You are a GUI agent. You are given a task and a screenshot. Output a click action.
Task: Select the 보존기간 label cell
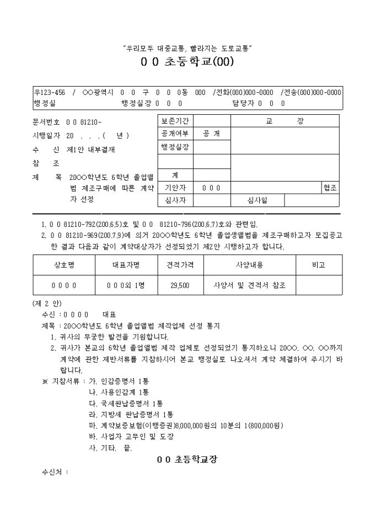coord(175,121)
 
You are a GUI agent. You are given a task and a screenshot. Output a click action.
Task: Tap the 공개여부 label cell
coord(175,134)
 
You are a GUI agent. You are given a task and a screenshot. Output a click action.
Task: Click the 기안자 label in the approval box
coord(175,188)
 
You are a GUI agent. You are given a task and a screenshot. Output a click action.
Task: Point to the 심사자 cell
coord(175,200)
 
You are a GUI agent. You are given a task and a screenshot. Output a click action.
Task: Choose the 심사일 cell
coord(256,200)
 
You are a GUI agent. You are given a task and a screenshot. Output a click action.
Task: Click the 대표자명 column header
coord(126,265)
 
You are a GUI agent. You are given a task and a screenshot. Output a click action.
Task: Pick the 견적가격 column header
coord(180,265)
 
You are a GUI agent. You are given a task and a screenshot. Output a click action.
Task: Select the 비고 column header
coord(319,265)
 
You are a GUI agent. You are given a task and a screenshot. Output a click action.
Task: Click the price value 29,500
coord(180,285)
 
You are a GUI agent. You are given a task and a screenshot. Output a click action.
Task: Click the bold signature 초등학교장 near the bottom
coord(187,459)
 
